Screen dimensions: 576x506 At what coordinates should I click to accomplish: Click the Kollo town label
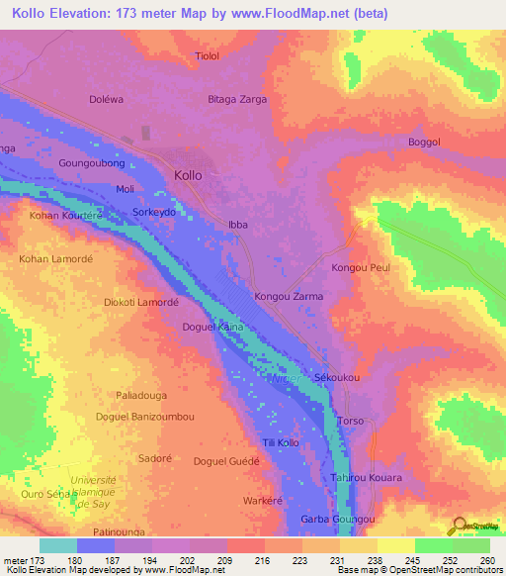pyautogui.click(x=188, y=175)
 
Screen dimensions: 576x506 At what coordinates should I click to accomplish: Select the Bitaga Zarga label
pyautogui.click(x=237, y=101)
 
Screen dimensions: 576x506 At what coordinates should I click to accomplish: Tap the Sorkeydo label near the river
pyautogui.click(x=153, y=213)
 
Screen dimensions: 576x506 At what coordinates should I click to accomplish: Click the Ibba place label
pyautogui.click(x=237, y=225)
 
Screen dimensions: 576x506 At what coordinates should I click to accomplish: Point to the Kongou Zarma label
pyautogui.click(x=289, y=296)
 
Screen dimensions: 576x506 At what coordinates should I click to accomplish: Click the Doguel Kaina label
pyautogui.click(x=212, y=326)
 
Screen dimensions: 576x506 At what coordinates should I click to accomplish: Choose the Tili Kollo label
pyautogui.click(x=281, y=442)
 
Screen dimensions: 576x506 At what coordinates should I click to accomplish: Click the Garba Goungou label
pyautogui.click(x=337, y=520)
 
